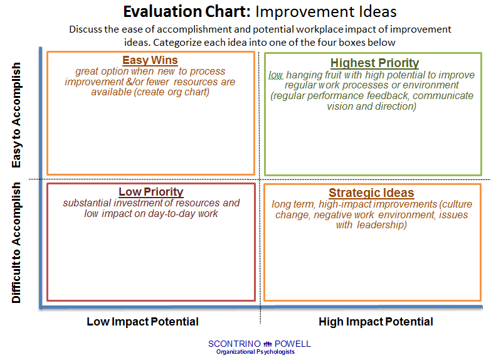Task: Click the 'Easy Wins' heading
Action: [x=150, y=60]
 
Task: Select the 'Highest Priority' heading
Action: [x=374, y=63]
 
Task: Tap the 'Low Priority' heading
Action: [x=151, y=192]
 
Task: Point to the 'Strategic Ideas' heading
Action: [x=371, y=193]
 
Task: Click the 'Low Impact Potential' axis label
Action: [x=143, y=321]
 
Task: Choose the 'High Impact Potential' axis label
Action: [x=376, y=321]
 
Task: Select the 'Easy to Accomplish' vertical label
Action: [x=16, y=115]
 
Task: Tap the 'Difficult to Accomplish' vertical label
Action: [x=16, y=243]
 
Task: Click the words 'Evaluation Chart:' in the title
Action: [x=187, y=12]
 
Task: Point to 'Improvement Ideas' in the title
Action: [x=326, y=12]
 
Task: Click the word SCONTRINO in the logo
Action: [x=235, y=344]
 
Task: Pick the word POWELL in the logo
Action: [x=293, y=344]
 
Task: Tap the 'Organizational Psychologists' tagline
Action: [x=255, y=352]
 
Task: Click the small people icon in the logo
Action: [x=268, y=344]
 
